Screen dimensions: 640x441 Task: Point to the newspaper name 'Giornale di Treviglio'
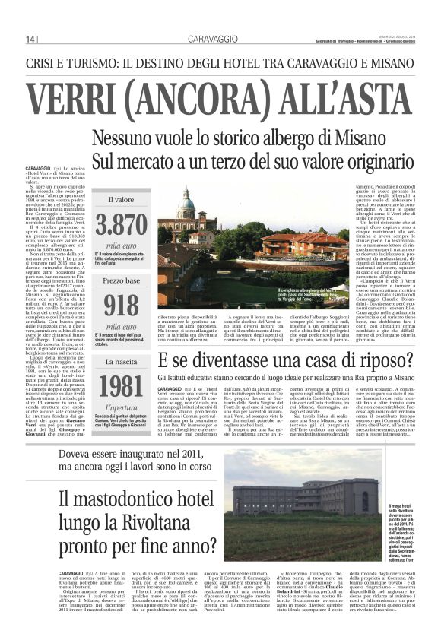(x=339, y=40)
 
